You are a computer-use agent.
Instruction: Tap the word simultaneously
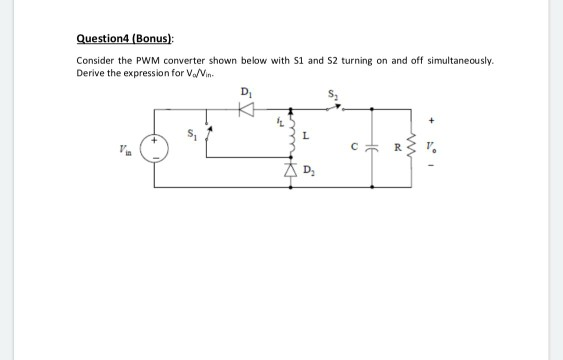click(x=457, y=59)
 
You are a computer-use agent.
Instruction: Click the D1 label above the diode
click(x=244, y=93)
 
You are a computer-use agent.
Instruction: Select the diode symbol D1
click(x=243, y=107)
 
